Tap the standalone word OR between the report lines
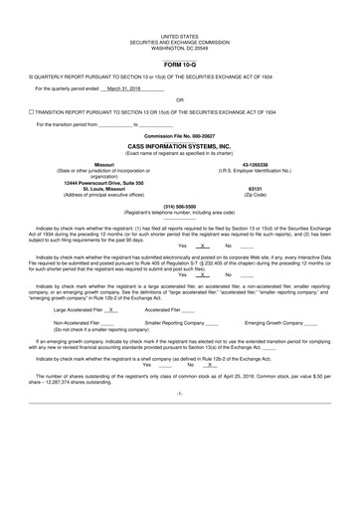pyautogui.click(x=179, y=99)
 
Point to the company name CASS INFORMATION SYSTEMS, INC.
pyautogui.click(x=179, y=144)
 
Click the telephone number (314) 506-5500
pyautogui.click(x=179, y=206)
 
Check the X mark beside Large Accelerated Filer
pyautogui.click(x=113, y=310)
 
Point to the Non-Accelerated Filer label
pyautogui.click(x=77, y=322)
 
